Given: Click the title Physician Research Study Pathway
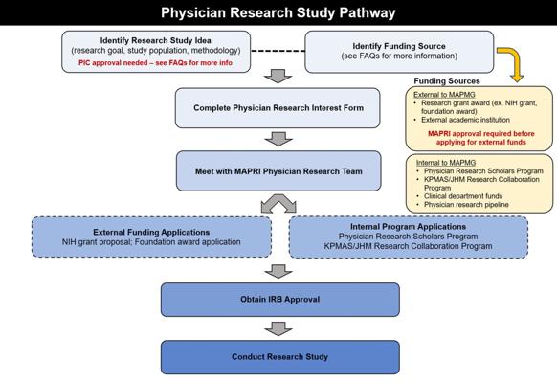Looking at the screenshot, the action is pos(278,12).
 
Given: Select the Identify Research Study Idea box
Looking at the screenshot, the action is pos(156,52).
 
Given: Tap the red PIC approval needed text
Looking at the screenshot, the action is pos(156,63).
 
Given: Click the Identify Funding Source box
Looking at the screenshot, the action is pos(399,52).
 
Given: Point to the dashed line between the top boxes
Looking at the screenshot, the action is pos(278,51).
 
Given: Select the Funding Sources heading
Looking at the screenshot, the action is pos(447,81).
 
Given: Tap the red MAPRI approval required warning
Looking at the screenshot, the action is pos(481,138).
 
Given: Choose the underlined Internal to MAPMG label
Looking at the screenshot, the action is pos(446,163).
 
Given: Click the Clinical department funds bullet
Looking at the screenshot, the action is pos(463,196).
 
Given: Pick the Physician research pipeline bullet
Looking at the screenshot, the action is pos(466,205).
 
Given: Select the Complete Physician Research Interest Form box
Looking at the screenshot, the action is pos(278,108).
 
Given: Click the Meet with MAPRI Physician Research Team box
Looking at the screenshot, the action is pos(278,170).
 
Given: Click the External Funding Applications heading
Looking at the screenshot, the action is pos(151,232).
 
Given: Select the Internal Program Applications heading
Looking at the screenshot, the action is pos(408,226).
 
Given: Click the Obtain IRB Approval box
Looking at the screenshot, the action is pos(280,300).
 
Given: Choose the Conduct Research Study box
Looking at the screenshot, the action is pos(280,357).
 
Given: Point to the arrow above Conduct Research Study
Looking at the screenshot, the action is pos(278,328).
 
